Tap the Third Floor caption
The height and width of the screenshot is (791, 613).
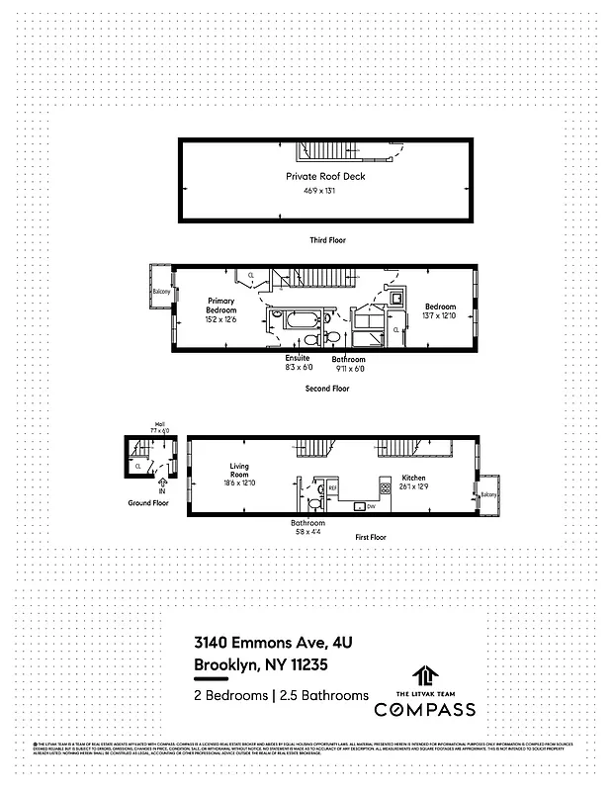point(327,240)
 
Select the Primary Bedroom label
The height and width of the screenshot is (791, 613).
point(221,305)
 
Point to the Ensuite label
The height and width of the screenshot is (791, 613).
point(298,358)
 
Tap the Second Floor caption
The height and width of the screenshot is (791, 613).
point(327,389)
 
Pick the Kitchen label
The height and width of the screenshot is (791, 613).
point(413,478)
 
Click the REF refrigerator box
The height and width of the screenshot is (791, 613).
point(333,487)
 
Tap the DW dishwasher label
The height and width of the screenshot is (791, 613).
point(371,507)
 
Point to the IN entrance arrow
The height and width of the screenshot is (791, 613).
point(161,487)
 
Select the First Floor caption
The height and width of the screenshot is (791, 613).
point(372,537)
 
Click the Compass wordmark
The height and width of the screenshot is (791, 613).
point(423,709)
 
